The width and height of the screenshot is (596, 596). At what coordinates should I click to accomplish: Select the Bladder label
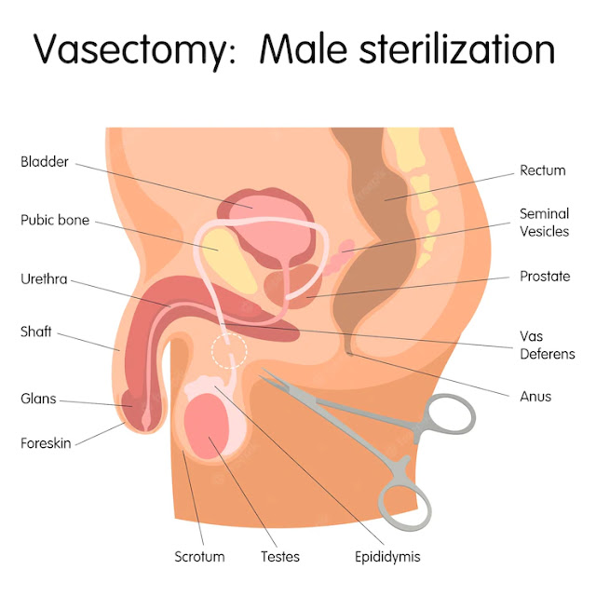[x=45, y=162]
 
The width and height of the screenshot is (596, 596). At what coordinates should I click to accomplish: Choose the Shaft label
[x=38, y=331]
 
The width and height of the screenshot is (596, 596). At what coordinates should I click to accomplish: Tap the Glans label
[x=38, y=399]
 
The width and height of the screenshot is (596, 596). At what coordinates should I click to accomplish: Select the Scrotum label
[x=199, y=557]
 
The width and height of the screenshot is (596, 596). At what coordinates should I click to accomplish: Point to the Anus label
[x=535, y=396]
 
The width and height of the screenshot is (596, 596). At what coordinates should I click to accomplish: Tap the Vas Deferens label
[x=547, y=345]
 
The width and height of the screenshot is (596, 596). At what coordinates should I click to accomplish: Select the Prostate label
[x=545, y=277]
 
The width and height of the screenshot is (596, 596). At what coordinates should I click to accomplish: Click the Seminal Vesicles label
[x=544, y=223]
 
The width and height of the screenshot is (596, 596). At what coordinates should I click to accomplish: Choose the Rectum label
[x=543, y=170]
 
